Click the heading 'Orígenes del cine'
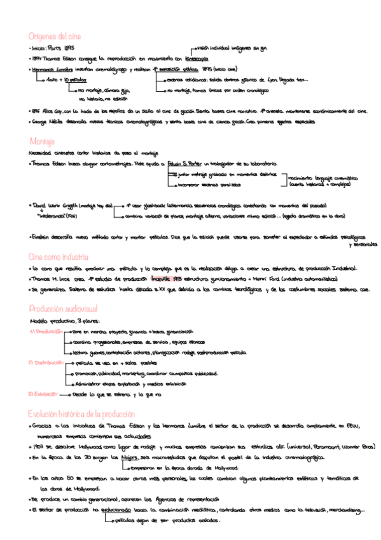[x=55, y=36]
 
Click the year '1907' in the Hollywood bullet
[x=40, y=447]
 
